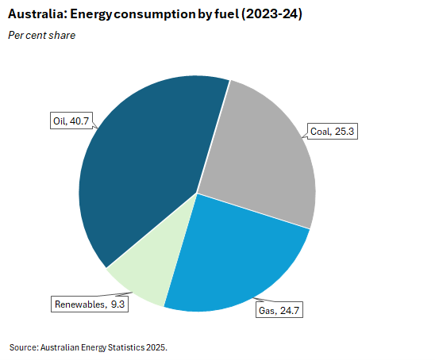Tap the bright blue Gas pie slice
(230, 254)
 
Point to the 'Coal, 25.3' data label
(332, 131)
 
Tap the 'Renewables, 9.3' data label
(88, 304)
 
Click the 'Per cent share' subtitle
(41, 35)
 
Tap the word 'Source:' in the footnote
(23, 347)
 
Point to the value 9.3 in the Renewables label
(117, 304)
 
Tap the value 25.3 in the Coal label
(343, 131)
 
